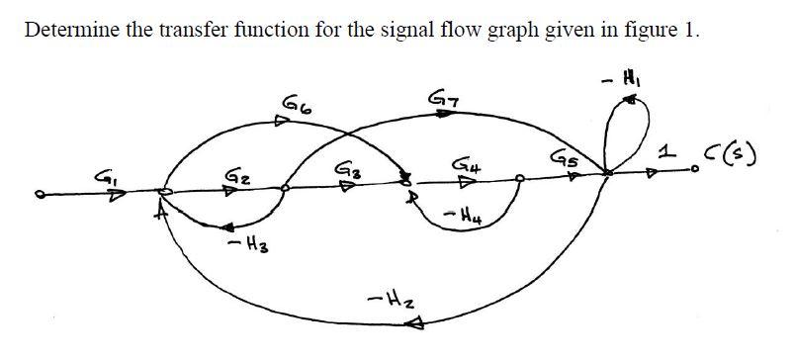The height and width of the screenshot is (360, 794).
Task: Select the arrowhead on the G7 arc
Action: (x=445, y=116)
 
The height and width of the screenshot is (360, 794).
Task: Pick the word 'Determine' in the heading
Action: (x=66, y=29)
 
